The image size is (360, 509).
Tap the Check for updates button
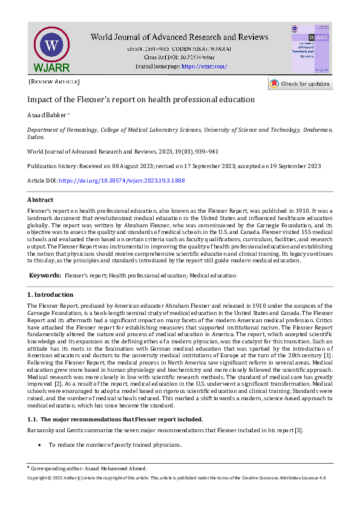[300, 84]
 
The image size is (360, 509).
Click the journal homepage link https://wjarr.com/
[204, 66]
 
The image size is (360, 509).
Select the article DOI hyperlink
[122, 180]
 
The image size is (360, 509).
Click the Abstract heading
[40, 200]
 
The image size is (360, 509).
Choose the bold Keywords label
[45, 275]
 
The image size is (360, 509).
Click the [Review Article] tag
[54, 81]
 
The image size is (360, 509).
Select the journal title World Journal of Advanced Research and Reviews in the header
[179, 37]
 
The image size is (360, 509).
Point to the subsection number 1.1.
[34, 420]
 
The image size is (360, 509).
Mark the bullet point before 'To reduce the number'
[39, 445]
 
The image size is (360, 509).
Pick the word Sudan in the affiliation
[36, 137]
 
